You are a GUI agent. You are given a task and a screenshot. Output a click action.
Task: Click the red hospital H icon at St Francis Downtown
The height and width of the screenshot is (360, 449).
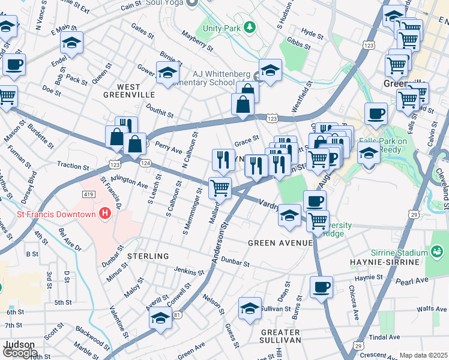[x=106, y=213]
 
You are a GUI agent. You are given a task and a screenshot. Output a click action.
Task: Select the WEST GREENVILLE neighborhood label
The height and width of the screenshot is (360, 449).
[x=129, y=91]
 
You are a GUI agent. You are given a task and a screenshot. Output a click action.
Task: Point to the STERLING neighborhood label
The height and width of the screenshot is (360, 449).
[x=148, y=256]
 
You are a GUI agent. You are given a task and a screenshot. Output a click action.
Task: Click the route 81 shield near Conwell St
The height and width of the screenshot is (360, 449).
[x=176, y=314]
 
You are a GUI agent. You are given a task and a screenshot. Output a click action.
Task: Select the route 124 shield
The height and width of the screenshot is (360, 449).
[x=145, y=163]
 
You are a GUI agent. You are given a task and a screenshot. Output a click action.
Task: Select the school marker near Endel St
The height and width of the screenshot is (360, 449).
[x=71, y=42]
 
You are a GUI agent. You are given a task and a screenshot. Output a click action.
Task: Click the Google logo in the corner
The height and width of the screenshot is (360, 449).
[x=20, y=353]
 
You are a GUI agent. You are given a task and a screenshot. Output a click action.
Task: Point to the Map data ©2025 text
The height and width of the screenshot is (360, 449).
[x=423, y=355]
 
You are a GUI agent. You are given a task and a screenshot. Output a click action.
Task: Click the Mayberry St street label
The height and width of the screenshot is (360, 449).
[x=197, y=40]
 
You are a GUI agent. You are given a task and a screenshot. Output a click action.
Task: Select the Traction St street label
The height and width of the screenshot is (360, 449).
[x=73, y=164]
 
